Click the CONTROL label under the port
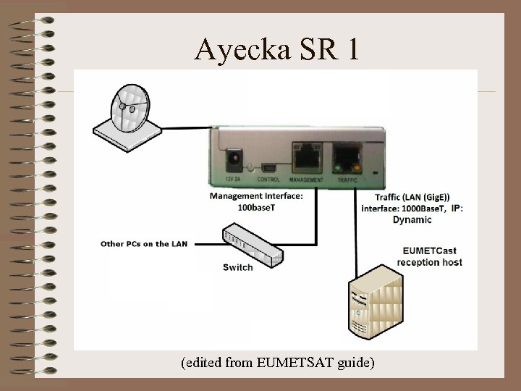click(x=268, y=179)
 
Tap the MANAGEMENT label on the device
click(x=305, y=179)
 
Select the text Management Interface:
click(x=256, y=195)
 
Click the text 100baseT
click(x=256, y=207)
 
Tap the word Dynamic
click(x=412, y=219)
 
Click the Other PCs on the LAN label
click(x=144, y=243)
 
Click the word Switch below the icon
click(x=238, y=267)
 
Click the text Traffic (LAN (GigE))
click(x=412, y=197)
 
